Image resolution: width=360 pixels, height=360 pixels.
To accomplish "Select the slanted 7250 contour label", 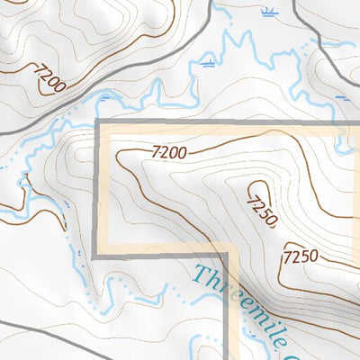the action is pos(260,206).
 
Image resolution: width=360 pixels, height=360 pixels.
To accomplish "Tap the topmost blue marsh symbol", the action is pos(266,12).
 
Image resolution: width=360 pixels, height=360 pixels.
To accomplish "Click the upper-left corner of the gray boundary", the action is pos(96,121).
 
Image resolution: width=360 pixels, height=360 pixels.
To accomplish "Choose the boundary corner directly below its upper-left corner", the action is pos(96,255).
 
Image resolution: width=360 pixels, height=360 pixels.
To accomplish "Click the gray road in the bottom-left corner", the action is pos(36,328).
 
